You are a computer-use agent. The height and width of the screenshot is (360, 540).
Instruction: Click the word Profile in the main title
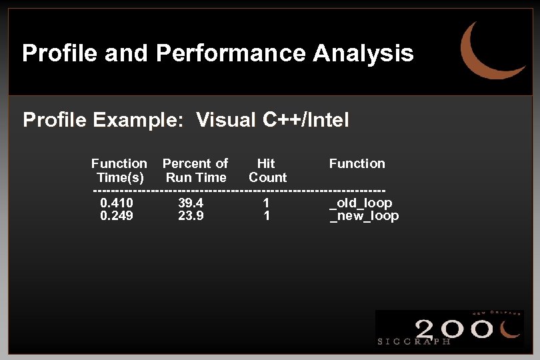51,53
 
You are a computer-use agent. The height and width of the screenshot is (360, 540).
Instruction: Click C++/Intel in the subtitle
306,120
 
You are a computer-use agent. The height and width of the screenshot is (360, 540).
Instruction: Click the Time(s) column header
120,177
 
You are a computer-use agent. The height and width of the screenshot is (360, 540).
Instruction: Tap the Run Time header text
196,177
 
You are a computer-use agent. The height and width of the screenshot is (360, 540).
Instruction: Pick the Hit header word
266,163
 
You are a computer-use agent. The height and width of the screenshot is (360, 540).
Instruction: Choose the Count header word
267,177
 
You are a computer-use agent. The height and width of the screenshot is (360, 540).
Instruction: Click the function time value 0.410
116,203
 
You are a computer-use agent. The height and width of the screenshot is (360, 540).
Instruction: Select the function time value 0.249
116,216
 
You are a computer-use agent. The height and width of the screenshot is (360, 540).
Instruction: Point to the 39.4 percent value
191,203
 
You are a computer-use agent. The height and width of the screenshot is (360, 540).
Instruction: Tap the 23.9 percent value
191,216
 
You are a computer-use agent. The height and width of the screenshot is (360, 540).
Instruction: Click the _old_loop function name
361,203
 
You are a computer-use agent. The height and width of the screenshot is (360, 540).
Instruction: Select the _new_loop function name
364,216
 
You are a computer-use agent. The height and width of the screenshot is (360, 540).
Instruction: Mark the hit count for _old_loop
266,203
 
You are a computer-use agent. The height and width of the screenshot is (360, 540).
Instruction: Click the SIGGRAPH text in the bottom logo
414,341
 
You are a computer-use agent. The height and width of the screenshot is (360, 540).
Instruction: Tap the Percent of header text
195,163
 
